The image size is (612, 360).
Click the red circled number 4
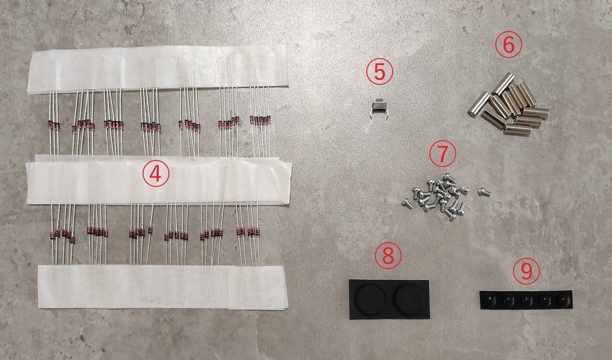pos(156,173)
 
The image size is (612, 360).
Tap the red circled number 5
pos(379,71)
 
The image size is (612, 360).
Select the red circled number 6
pos(508,44)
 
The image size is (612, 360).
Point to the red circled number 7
pos(443,154)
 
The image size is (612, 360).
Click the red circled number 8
pos(388,256)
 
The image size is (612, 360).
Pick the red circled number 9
pos(526,271)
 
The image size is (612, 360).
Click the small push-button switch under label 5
pos(378,108)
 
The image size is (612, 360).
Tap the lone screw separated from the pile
pos(484,192)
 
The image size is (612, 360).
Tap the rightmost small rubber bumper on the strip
pos(563,300)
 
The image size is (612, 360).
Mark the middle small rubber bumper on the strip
pos(526,300)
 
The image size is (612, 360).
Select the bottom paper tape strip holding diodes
pos(163,287)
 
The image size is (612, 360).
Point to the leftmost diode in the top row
pos(50,124)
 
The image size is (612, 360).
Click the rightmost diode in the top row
pos(269,120)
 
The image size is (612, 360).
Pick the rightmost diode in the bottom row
pos(258,232)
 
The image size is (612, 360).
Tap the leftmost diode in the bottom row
pos(53,235)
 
